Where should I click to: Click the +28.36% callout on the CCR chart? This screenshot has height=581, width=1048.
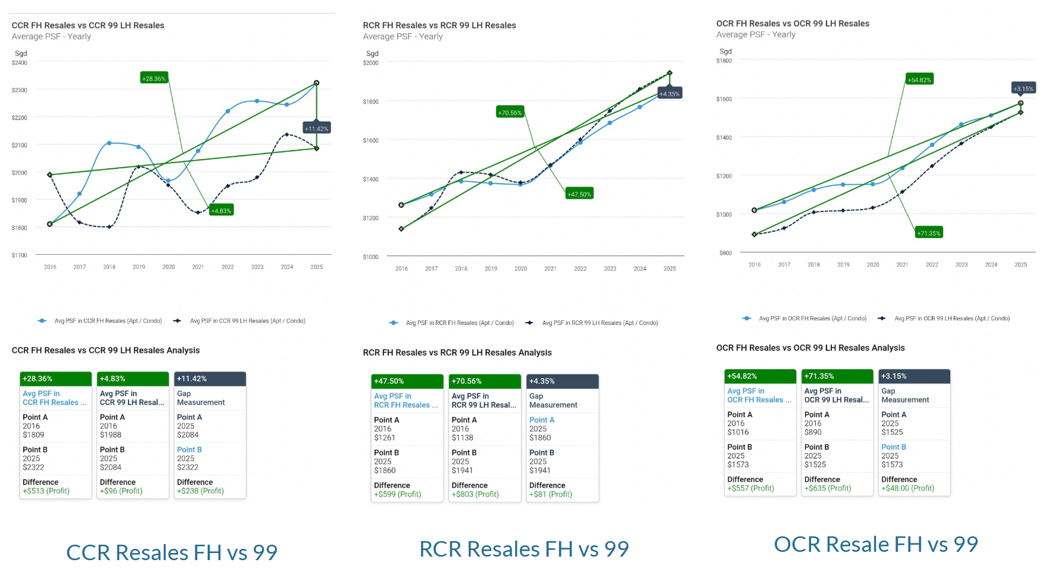point(154,78)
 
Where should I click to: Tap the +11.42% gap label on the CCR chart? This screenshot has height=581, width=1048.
point(316,128)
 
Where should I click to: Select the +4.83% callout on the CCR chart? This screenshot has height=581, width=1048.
point(221,210)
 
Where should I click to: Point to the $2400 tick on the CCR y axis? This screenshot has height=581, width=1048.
point(20,63)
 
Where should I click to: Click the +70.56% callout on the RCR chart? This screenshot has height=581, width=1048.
point(510,112)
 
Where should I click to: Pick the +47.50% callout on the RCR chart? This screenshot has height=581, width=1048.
point(579,193)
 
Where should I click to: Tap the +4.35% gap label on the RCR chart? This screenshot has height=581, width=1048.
point(669,93)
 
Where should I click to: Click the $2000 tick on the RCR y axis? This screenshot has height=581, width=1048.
point(370,63)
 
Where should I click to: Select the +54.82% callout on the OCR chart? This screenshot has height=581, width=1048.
point(919,79)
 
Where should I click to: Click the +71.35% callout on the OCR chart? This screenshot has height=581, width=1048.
point(929,233)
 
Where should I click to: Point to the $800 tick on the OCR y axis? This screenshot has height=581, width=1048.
point(725,253)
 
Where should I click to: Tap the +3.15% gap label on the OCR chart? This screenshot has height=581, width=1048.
point(1024,88)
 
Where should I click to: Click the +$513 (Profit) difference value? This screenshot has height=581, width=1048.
point(46,491)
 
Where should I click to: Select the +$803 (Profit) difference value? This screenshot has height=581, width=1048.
point(475,494)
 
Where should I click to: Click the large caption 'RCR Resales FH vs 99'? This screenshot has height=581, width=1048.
point(524,549)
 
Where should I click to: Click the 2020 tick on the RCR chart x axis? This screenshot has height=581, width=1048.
point(520,268)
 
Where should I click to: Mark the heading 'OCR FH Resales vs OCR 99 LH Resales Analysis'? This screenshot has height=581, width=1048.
point(810,348)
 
